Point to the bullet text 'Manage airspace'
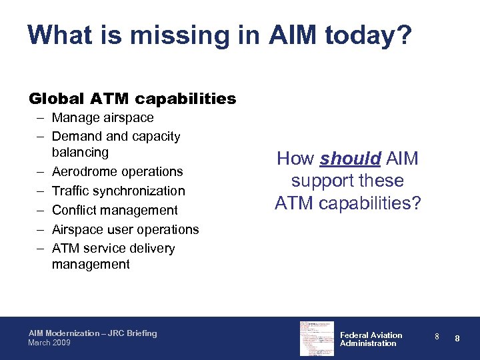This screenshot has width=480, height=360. click(103, 118)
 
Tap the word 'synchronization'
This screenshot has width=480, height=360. click(141, 191)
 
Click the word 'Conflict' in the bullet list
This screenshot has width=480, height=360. click(73, 210)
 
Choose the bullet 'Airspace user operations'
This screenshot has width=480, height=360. click(125, 229)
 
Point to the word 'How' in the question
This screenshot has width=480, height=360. click(296, 159)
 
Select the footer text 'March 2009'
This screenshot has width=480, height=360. click(49, 343)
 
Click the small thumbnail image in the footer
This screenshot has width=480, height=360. click(317, 338)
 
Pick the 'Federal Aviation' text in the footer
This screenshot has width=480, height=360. click(371, 335)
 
